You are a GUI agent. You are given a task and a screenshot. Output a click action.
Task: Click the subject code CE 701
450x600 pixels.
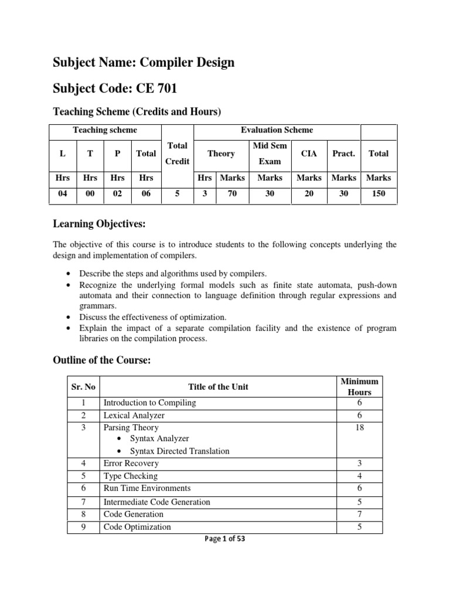[x=156, y=88]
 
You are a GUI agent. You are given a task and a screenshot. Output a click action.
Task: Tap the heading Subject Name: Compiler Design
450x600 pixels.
[x=144, y=62]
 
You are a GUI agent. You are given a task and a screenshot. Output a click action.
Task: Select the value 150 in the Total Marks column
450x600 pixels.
[x=378, y=193]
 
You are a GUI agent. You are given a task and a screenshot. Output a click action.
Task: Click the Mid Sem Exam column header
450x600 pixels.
[x=270, y=153]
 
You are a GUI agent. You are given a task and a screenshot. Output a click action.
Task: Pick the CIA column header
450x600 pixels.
[x=309, y=154]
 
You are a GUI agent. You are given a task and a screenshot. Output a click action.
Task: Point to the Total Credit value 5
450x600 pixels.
[x=177, y=193]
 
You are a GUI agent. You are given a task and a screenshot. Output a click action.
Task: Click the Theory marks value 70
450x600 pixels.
[x=232, y=193]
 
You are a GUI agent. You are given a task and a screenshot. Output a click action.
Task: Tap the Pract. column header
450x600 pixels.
[x=344, y=154]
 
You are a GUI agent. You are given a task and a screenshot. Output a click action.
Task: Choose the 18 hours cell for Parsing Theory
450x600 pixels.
[x=359, y=428]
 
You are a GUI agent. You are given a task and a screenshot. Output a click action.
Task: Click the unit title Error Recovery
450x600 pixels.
[x=131, y=463]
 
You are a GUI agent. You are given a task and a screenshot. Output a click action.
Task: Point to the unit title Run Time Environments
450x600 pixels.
[x=146, y=488]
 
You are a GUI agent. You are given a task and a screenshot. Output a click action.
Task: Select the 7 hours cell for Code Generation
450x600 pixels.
[x=359, y=514]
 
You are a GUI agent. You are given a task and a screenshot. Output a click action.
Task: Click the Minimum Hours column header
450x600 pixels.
[x=359, y=387]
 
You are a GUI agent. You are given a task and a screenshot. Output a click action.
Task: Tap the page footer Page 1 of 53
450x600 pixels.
[x=224, y=539]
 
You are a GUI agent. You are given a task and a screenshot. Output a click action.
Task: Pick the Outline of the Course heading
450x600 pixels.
[x=103, y=361]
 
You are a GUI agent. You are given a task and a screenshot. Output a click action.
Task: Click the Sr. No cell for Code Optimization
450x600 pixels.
[x=83, y=527]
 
